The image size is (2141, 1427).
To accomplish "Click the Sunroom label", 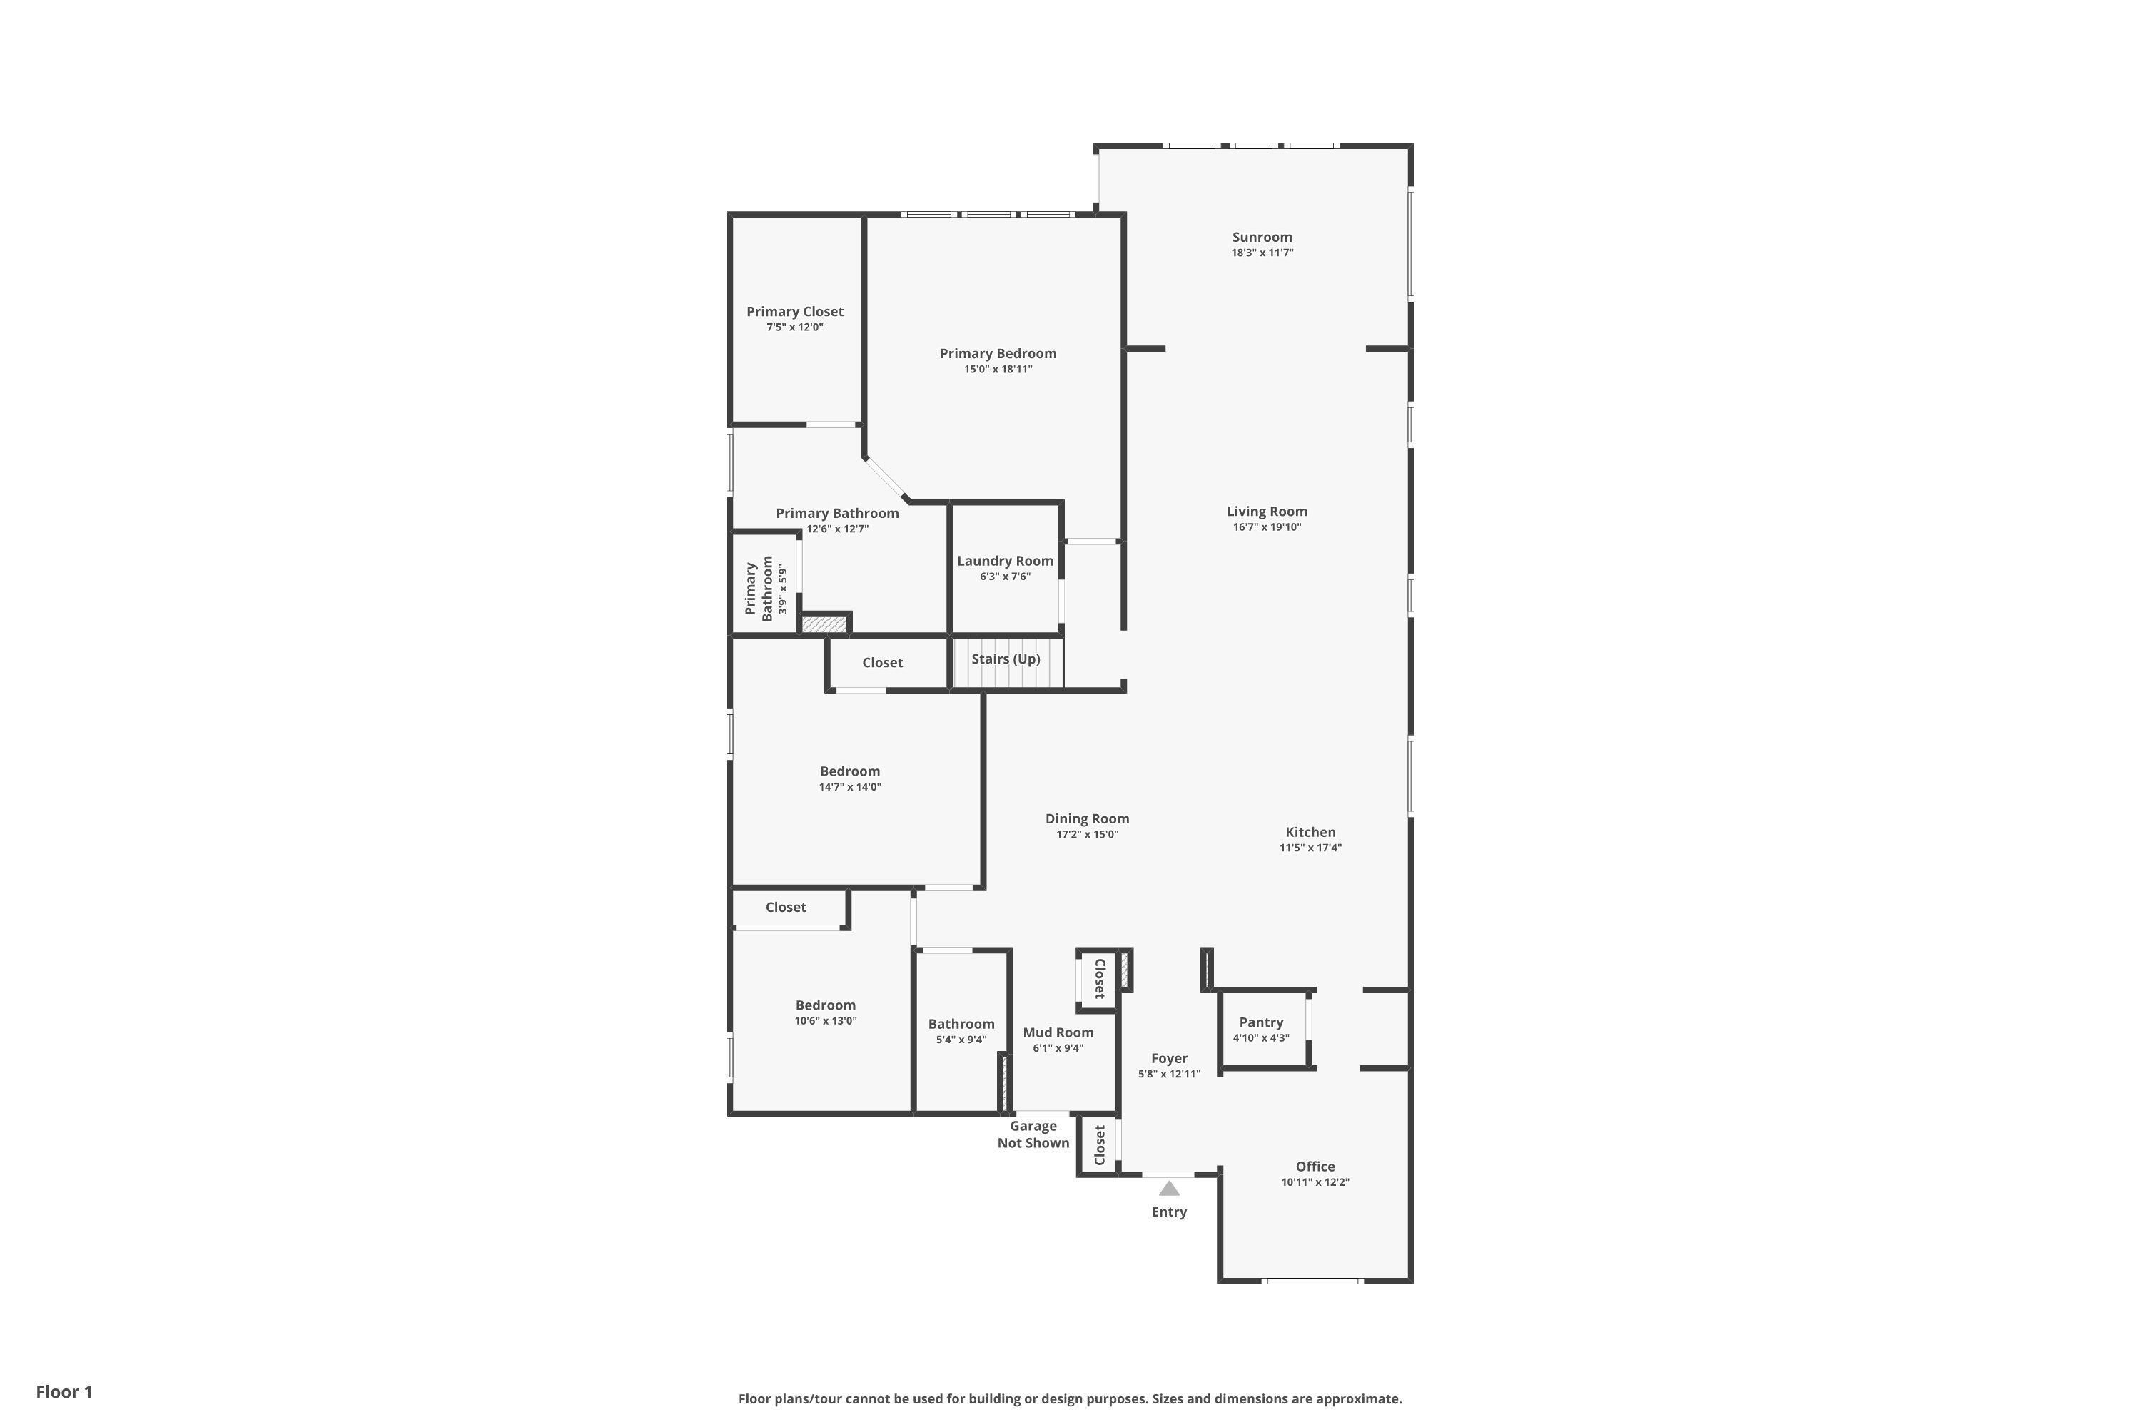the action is pos(1262,238).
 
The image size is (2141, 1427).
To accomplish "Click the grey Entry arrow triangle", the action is pos(1169,1189).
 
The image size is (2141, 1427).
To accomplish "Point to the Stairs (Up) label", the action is pos(1006,659).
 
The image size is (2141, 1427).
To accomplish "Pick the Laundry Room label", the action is pos(1005,561).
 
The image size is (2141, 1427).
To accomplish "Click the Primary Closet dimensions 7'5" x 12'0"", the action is pos(795,327).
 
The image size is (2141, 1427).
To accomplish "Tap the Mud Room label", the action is pos(1058,1032).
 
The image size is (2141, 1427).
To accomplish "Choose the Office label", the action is pos(1315,1167).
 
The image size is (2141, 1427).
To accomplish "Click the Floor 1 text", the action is pos(65,1391).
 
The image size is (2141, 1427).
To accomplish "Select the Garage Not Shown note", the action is pos(1033,1135).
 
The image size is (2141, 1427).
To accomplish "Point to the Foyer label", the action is pos(1169,1058).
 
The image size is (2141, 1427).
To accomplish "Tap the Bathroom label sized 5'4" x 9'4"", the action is pos(961,1024).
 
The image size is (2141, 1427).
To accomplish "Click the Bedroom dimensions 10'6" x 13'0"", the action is pos(826,1021).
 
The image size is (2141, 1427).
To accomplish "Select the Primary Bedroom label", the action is pos(998,353).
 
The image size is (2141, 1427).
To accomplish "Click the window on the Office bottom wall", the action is pos(1312,1281).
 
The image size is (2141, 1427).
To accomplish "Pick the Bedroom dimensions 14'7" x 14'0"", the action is pos(849,787).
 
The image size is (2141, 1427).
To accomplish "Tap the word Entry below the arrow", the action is pos(1169,1212).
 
